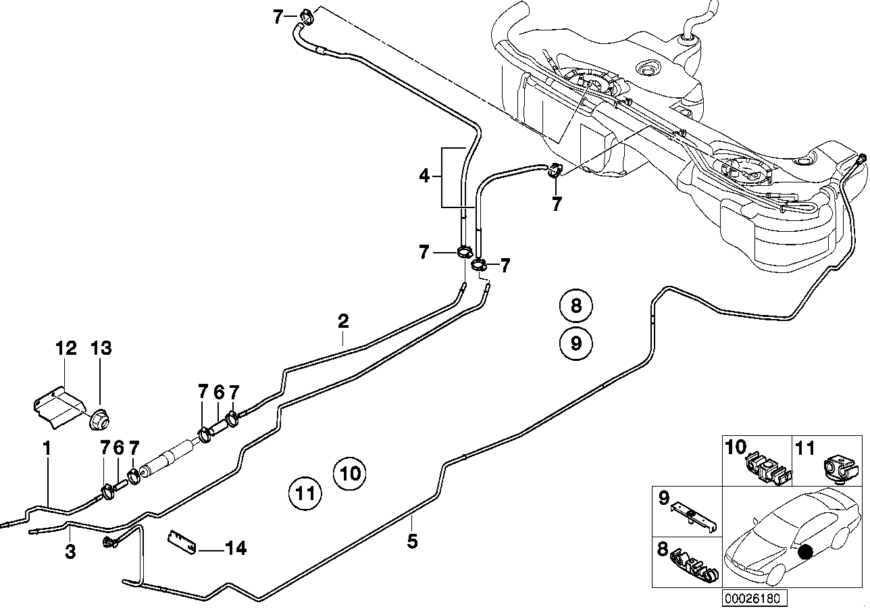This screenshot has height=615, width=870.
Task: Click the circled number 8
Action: click(x=575, y=306)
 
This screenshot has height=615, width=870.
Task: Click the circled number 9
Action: click(x=575, y=343)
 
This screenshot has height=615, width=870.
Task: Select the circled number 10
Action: click(x=351, y=472)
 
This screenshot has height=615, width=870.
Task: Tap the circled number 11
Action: click(x=305, y=493)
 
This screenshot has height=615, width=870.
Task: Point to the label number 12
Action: click(x=66, y=348)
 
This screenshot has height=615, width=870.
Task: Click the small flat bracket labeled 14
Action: click(x=182, y=542)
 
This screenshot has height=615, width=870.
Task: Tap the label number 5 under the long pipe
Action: click(x=413, y=541)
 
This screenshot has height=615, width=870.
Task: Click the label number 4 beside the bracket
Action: click(x=424, y=177)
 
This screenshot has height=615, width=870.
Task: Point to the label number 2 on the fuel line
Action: click(x=343, y=320)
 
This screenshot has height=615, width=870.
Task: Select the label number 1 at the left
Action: click(x=47, y=447)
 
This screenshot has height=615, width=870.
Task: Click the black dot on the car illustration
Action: click(x=804, y=551)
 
